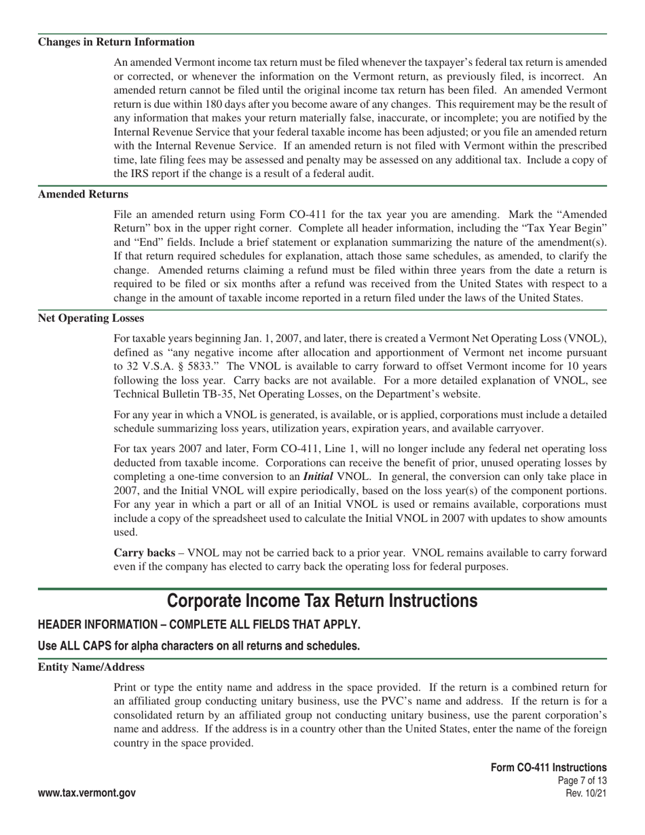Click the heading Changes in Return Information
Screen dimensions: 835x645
(116, 42)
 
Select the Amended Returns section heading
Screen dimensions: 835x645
(83, 194)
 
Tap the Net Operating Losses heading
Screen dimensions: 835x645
(91, 318)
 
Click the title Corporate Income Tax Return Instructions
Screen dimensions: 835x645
(322, 601)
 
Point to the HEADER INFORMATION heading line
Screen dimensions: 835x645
(199, 625)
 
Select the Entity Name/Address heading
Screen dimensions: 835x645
(91, 667)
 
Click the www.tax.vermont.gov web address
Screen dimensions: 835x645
(87, 793)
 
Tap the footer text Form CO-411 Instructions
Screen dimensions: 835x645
(549, 767)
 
